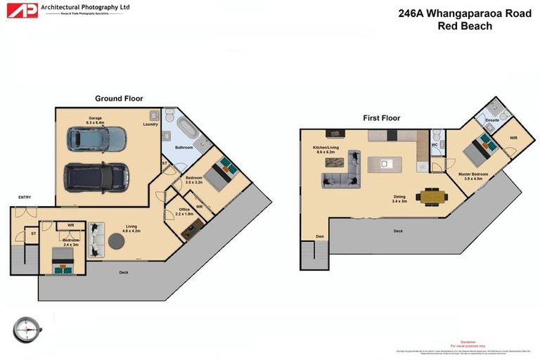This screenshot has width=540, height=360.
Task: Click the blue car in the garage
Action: tap(97, 139)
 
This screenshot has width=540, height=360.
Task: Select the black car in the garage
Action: tap(96, 176)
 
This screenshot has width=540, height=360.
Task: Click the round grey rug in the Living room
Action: tap(117, 242)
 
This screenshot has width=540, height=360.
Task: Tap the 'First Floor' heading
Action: tap(381, 118)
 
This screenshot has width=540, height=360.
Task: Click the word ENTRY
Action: tap(25, 198)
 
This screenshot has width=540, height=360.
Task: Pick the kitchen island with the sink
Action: tap(383, 165)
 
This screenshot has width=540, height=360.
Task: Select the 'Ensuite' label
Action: tap(492, 121)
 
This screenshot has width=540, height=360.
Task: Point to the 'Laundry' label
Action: tap(150, 125)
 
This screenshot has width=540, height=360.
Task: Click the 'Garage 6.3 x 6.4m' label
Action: tap(96, 120)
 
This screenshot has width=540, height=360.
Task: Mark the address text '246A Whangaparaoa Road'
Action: tap(465, 13)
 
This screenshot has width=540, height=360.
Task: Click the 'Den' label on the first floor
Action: tap(320, 236)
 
